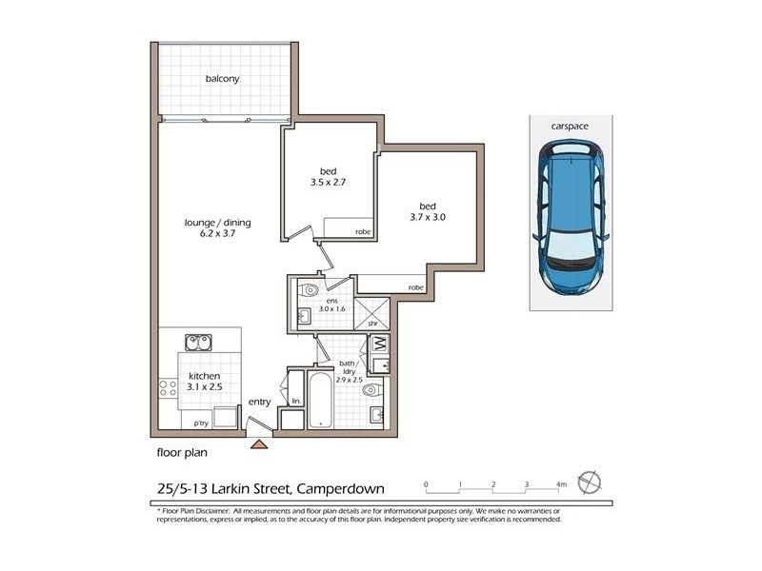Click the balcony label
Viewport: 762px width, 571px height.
pos(222,79)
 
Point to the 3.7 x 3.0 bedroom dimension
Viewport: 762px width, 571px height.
pos(427,217)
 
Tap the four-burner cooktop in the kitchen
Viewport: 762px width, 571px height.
pos(169,388)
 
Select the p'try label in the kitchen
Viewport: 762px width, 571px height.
pos(201,422)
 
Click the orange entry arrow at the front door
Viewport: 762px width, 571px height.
pos(258,443)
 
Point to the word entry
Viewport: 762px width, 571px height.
pos(261,403)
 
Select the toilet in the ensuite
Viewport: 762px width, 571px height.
pos(308,290)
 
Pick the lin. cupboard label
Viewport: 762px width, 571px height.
pos(295,401)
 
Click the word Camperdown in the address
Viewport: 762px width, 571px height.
pos(339,489)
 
